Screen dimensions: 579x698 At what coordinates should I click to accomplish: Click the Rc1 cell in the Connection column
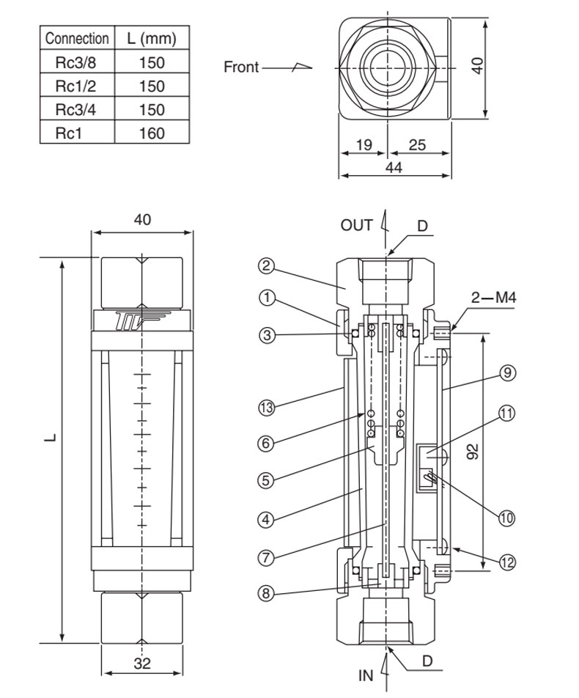[x=69, y=133]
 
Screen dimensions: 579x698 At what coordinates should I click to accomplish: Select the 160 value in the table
[x=152, y=133]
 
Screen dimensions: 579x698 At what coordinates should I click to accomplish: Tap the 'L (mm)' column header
[x=152, y=38]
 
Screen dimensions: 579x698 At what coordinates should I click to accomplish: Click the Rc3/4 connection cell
[x=75, y=109]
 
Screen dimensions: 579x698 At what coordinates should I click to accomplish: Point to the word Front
[x=241, y=67]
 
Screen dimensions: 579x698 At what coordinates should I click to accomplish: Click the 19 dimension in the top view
[x=364, y=144]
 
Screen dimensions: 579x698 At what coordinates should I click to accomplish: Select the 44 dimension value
[x=394, y=167]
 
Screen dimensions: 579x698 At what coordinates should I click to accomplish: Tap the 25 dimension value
[x=417, y=144]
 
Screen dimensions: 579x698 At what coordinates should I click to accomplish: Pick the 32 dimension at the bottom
[x=142, y=663]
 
